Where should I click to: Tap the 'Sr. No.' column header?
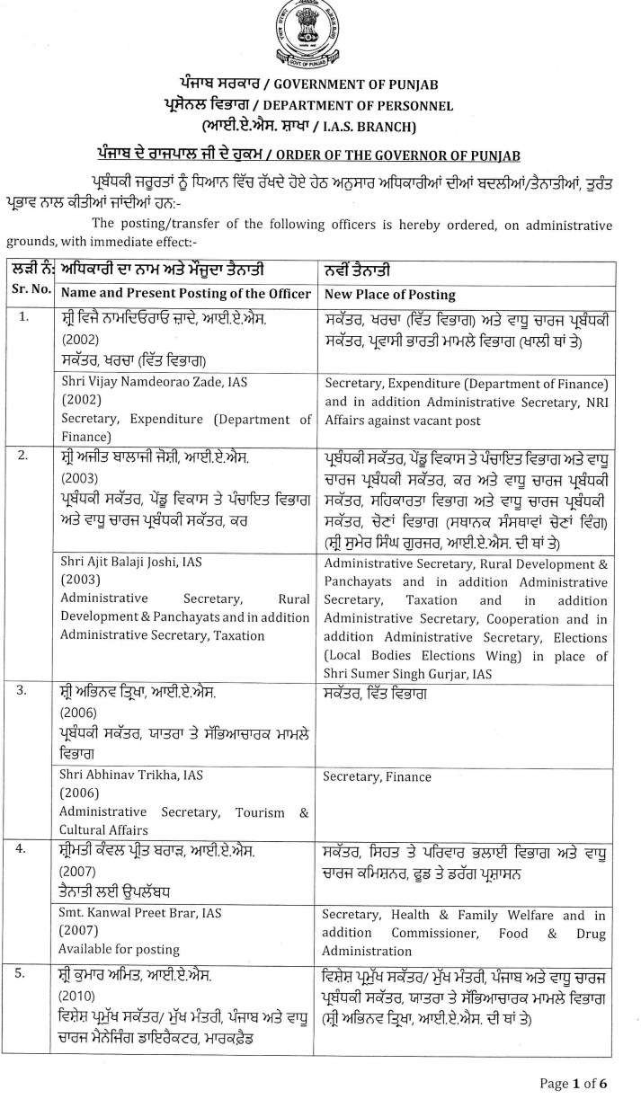pos(27,294)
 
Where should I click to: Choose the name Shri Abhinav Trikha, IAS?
pos(126,776)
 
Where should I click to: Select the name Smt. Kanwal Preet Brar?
pos(140,913)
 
